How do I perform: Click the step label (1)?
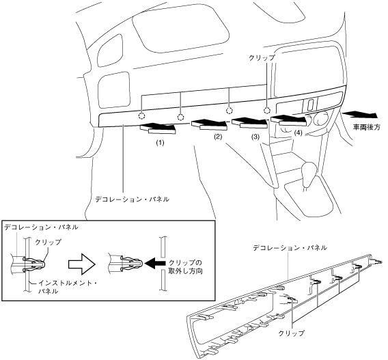(x=160, y=143)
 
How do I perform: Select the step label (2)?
(x=219, y=137)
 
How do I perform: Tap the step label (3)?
(x=255, y=137)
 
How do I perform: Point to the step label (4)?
(x=298, y=133)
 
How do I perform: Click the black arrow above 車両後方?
(x=359, y=115)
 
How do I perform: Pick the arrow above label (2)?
(x=209, y=125)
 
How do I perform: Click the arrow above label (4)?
(x=289, y=120)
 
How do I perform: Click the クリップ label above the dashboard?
(x=262, y=57)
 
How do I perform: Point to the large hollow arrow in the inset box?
(x=82, y=264)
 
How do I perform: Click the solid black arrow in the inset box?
(x=154, y=263)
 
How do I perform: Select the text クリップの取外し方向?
(x=186, y=266)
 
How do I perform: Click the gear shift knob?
(x=309, y=172)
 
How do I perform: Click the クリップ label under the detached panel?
(x=291, y=333)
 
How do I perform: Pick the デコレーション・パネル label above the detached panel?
(x=290, y=247)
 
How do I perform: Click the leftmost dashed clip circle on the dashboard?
(x=141, y=116)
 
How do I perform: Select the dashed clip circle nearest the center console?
(x=266, y=111)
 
